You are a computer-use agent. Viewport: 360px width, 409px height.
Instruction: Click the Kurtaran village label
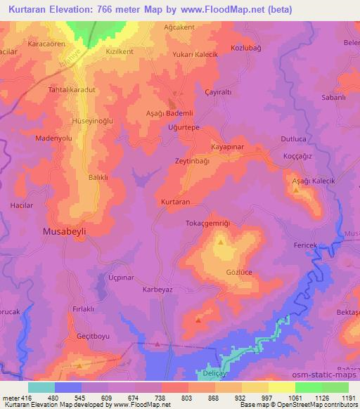[176, 202]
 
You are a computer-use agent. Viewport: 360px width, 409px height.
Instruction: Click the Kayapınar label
[228, 147]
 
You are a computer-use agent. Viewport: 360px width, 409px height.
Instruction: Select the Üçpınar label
[120, 278]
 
